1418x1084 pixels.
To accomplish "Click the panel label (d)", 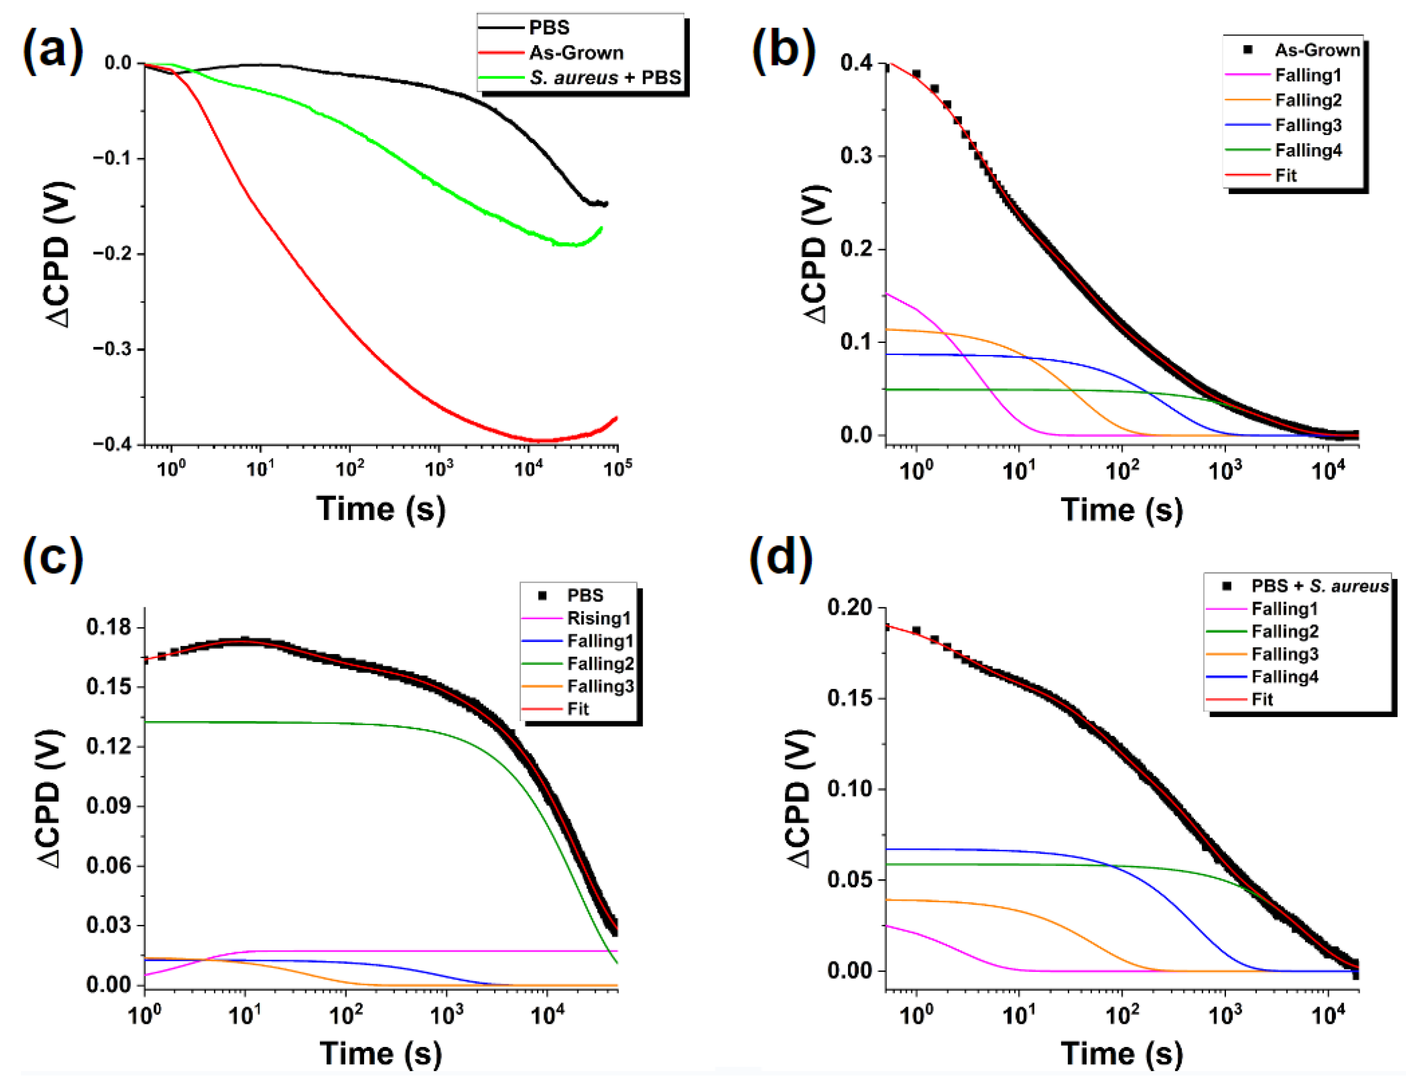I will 780,556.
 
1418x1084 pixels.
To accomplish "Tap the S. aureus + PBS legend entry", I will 605,78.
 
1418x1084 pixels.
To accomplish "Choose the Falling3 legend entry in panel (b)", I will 1308,125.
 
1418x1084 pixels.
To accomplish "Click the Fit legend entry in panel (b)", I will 1286,176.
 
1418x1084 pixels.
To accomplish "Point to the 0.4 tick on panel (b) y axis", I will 857,63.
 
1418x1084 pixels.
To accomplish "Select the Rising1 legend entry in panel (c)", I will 598,618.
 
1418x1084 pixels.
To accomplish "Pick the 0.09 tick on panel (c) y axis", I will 108,806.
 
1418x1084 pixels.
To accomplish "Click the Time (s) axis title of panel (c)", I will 381,1053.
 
